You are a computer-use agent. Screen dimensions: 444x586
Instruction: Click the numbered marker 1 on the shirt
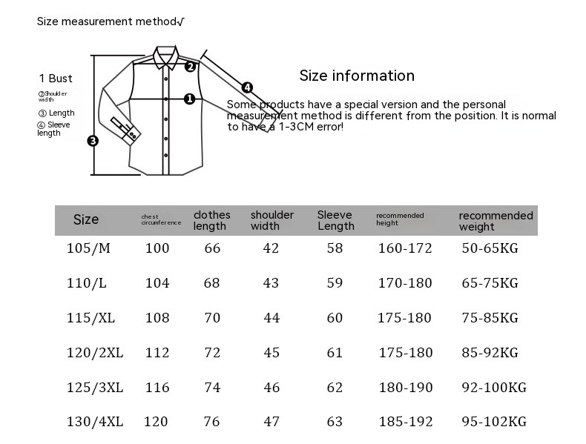[x=189, y=99]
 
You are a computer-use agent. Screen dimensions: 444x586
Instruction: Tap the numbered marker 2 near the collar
[x=190, y=67]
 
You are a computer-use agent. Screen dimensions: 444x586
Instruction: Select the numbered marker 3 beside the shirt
[x=93, y=141]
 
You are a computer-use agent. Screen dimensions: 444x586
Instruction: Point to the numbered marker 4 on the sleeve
[x=247, y=87]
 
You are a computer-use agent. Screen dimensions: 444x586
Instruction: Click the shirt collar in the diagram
[x=167, y=58]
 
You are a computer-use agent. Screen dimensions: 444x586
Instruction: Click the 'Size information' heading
[x=357, y=76]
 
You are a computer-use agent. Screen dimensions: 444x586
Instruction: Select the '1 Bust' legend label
[x=56, y=79]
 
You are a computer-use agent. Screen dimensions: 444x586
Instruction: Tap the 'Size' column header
[x=86, y=219]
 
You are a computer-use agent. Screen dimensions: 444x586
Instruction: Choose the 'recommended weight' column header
[x=496, y=221]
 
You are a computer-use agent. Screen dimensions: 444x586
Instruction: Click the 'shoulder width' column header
[x=271, y=220]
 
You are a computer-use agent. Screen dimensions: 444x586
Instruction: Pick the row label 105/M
[x=88, y=248]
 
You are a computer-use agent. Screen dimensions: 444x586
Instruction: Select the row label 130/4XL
[x=95, y=422]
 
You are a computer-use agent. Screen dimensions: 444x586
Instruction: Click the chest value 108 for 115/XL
[x=157, y=318]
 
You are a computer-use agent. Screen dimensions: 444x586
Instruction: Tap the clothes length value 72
[x=212, y=353]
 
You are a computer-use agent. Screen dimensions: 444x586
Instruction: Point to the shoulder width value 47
[x=271, y=422]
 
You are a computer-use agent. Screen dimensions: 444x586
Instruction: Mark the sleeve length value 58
[x=335, y=248]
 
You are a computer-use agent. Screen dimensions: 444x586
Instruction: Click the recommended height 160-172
[x=404, y=248]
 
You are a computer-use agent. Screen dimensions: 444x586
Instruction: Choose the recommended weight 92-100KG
[x=493, y=388]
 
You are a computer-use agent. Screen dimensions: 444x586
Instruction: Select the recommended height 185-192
[x=404, y=422]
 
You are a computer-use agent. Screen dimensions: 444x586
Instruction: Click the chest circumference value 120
[x=156, y=422]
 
